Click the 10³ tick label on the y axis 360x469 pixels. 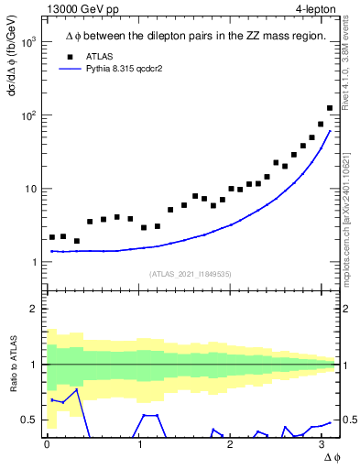[x=27, y=42]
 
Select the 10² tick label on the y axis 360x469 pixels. [x=27, y=115]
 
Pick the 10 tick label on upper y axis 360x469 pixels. [x=29, y=189]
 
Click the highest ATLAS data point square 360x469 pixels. [x=330, y=108]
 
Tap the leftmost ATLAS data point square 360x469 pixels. [x=53, y=237]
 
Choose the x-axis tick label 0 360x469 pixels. [x=47, y=444]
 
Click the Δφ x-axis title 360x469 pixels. [x=332, y=457]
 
